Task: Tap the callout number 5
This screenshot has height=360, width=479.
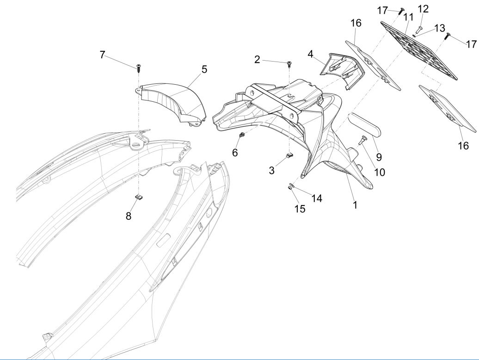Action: coord(204,69)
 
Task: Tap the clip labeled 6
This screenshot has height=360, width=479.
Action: coord(241,135)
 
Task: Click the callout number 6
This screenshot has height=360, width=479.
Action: coord(235,152)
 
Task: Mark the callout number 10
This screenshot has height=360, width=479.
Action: coord(379,172)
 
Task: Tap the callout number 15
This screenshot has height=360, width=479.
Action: coord(300,209)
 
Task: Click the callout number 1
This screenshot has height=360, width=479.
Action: coord(355,204)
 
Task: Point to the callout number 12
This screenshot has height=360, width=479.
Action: coord(423,9)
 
